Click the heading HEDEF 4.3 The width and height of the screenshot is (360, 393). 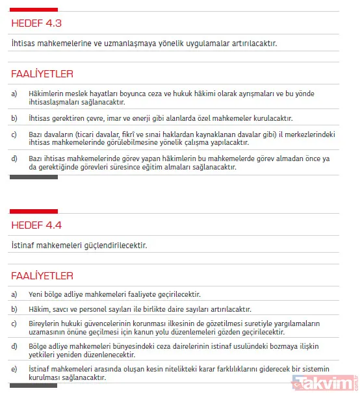pyautogui.click(x=36, y=24)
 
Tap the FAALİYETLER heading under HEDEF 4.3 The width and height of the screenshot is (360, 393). pyautogui.click(x=42, y=73)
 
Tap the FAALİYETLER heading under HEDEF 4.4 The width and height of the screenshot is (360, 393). pyautogui.click(x=42, y=275)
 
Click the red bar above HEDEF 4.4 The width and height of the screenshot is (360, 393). pyautogui.click(x=33, y=211)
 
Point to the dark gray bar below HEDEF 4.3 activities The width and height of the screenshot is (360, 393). pyautogui.click(x=33, y=177)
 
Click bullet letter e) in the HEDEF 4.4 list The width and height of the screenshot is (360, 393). pyautogui.click(x=14, y=369)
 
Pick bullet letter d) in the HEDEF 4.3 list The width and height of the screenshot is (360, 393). pyautogui.click(x=14, y=158)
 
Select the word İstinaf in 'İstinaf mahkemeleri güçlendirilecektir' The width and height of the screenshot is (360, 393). pyautogui.click(x=25, y=246)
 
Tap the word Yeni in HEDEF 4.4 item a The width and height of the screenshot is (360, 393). pyautogui.click(x=37, y=294)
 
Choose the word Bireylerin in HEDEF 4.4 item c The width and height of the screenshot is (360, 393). pyautogui.click(x=46, y=323)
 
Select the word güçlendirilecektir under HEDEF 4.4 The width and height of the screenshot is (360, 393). pyautogui.click(x=111, y=246)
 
